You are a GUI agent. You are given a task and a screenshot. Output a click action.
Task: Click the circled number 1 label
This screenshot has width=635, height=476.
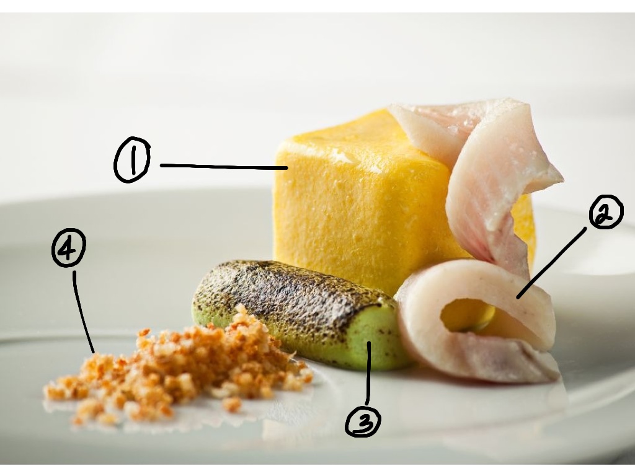132,159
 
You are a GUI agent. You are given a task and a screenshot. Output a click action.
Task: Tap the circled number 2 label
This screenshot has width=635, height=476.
606,212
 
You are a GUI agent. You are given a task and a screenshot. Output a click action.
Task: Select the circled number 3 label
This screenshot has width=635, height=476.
363,421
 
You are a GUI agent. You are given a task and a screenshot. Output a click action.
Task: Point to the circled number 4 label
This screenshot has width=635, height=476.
69,247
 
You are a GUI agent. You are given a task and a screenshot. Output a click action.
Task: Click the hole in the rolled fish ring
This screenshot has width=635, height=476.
466,315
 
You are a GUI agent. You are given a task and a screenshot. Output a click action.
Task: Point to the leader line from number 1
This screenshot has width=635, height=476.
224,166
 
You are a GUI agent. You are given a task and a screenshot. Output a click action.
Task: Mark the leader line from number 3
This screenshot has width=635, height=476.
368,372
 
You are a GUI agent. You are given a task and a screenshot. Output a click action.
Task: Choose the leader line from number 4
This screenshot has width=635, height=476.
83,312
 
